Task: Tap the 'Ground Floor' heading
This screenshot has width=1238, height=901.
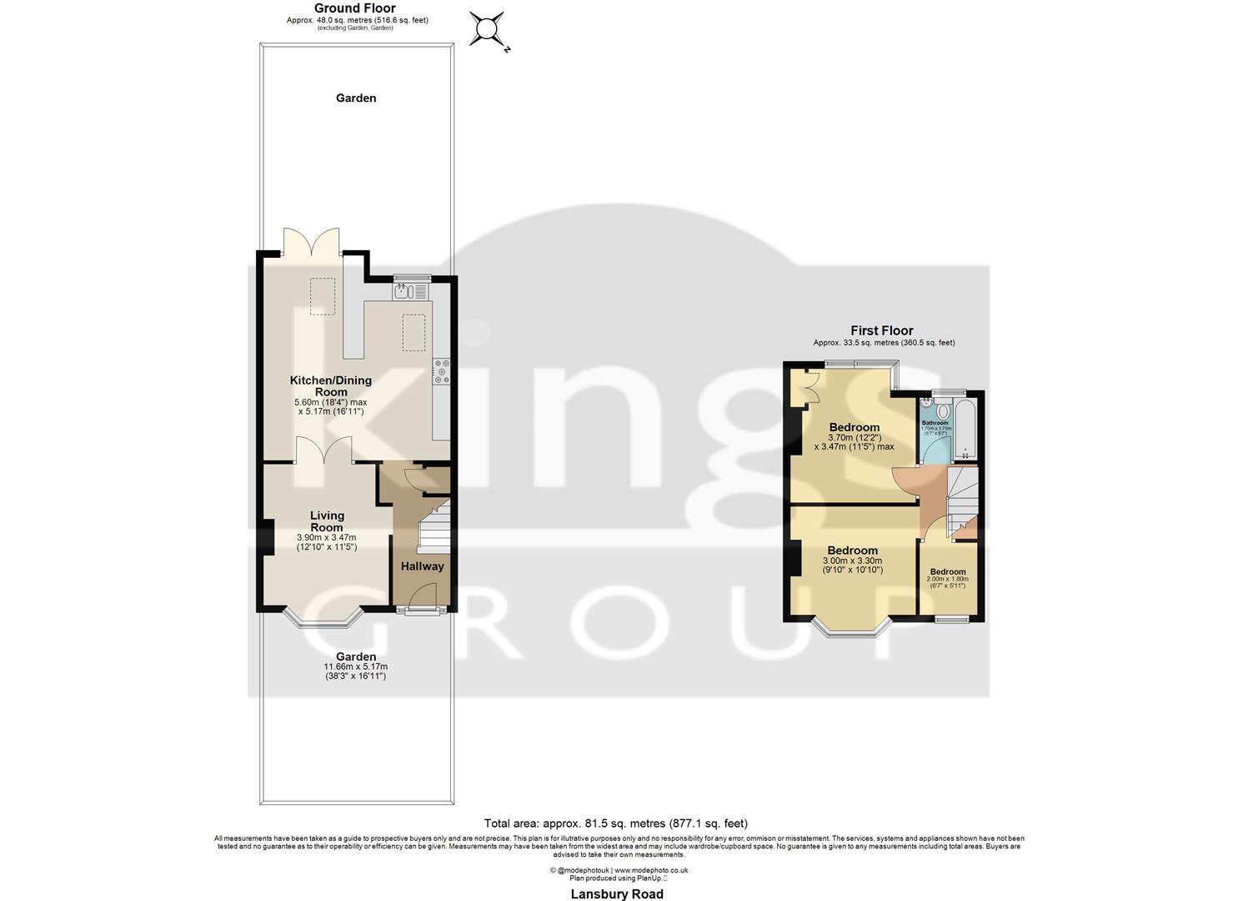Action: coord(355,8)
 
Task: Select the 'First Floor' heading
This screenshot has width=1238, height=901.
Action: coord(882,330)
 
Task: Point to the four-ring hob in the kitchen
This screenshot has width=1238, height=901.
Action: coord(441,371)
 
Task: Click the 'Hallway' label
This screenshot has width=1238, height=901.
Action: coord(423,566)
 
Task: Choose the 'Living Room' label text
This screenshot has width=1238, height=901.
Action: coord(327,521)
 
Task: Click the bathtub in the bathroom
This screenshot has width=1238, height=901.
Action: coord(965,427)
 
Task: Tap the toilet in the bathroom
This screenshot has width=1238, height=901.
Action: coord(944,410)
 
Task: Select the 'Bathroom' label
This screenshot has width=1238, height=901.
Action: coord(935,423)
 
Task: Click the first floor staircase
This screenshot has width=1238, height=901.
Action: coord(963,501)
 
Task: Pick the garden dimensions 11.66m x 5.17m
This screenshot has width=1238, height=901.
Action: coord(356,667)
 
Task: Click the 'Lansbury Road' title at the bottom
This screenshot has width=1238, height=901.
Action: coord(617,893)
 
